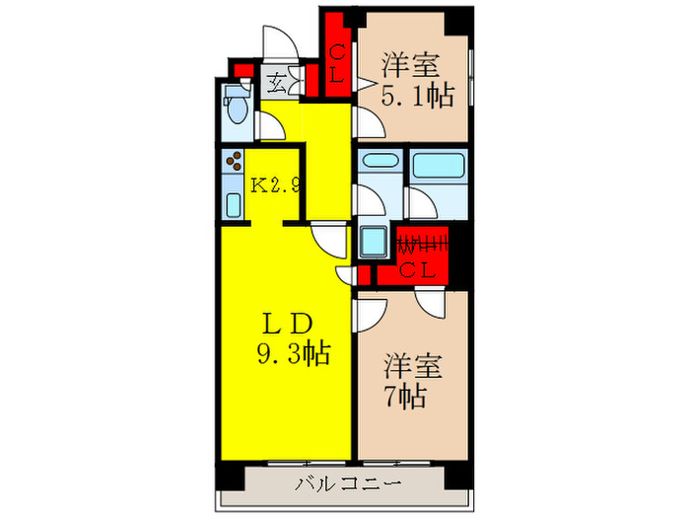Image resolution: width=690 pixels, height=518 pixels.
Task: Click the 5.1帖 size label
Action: click(417, 96)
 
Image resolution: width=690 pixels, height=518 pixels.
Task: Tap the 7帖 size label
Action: click(406, 397)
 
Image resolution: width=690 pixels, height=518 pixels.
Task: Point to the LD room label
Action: click(287, 324)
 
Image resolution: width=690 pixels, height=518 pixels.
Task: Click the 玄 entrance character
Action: click(278, 84)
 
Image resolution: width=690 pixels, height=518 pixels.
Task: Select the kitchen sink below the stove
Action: click(234, 204)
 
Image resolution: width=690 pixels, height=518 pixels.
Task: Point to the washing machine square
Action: click(376, 241)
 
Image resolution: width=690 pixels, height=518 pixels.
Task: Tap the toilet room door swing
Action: click(266, 125)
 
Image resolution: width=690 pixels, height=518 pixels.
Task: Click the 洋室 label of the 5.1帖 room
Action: click(410, 68)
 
